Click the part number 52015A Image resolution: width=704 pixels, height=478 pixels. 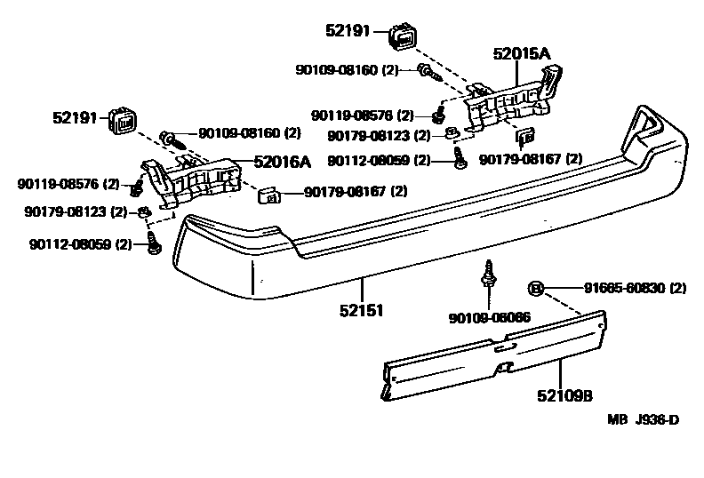pyautogui.click(x=522, y=54)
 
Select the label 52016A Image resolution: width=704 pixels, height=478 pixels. pyautogui.click(x=282, y=162)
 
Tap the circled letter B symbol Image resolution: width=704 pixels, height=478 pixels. pyautogui.click(x=536, y=288)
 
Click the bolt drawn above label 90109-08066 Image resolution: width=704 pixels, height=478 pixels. pyautogui.click(x=487, y=275)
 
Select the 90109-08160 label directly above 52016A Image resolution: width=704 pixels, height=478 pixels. pyautogui.click(x=237, y=132)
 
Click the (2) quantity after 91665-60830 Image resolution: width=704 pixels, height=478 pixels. pyautogui.click(x=677, y=288)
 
